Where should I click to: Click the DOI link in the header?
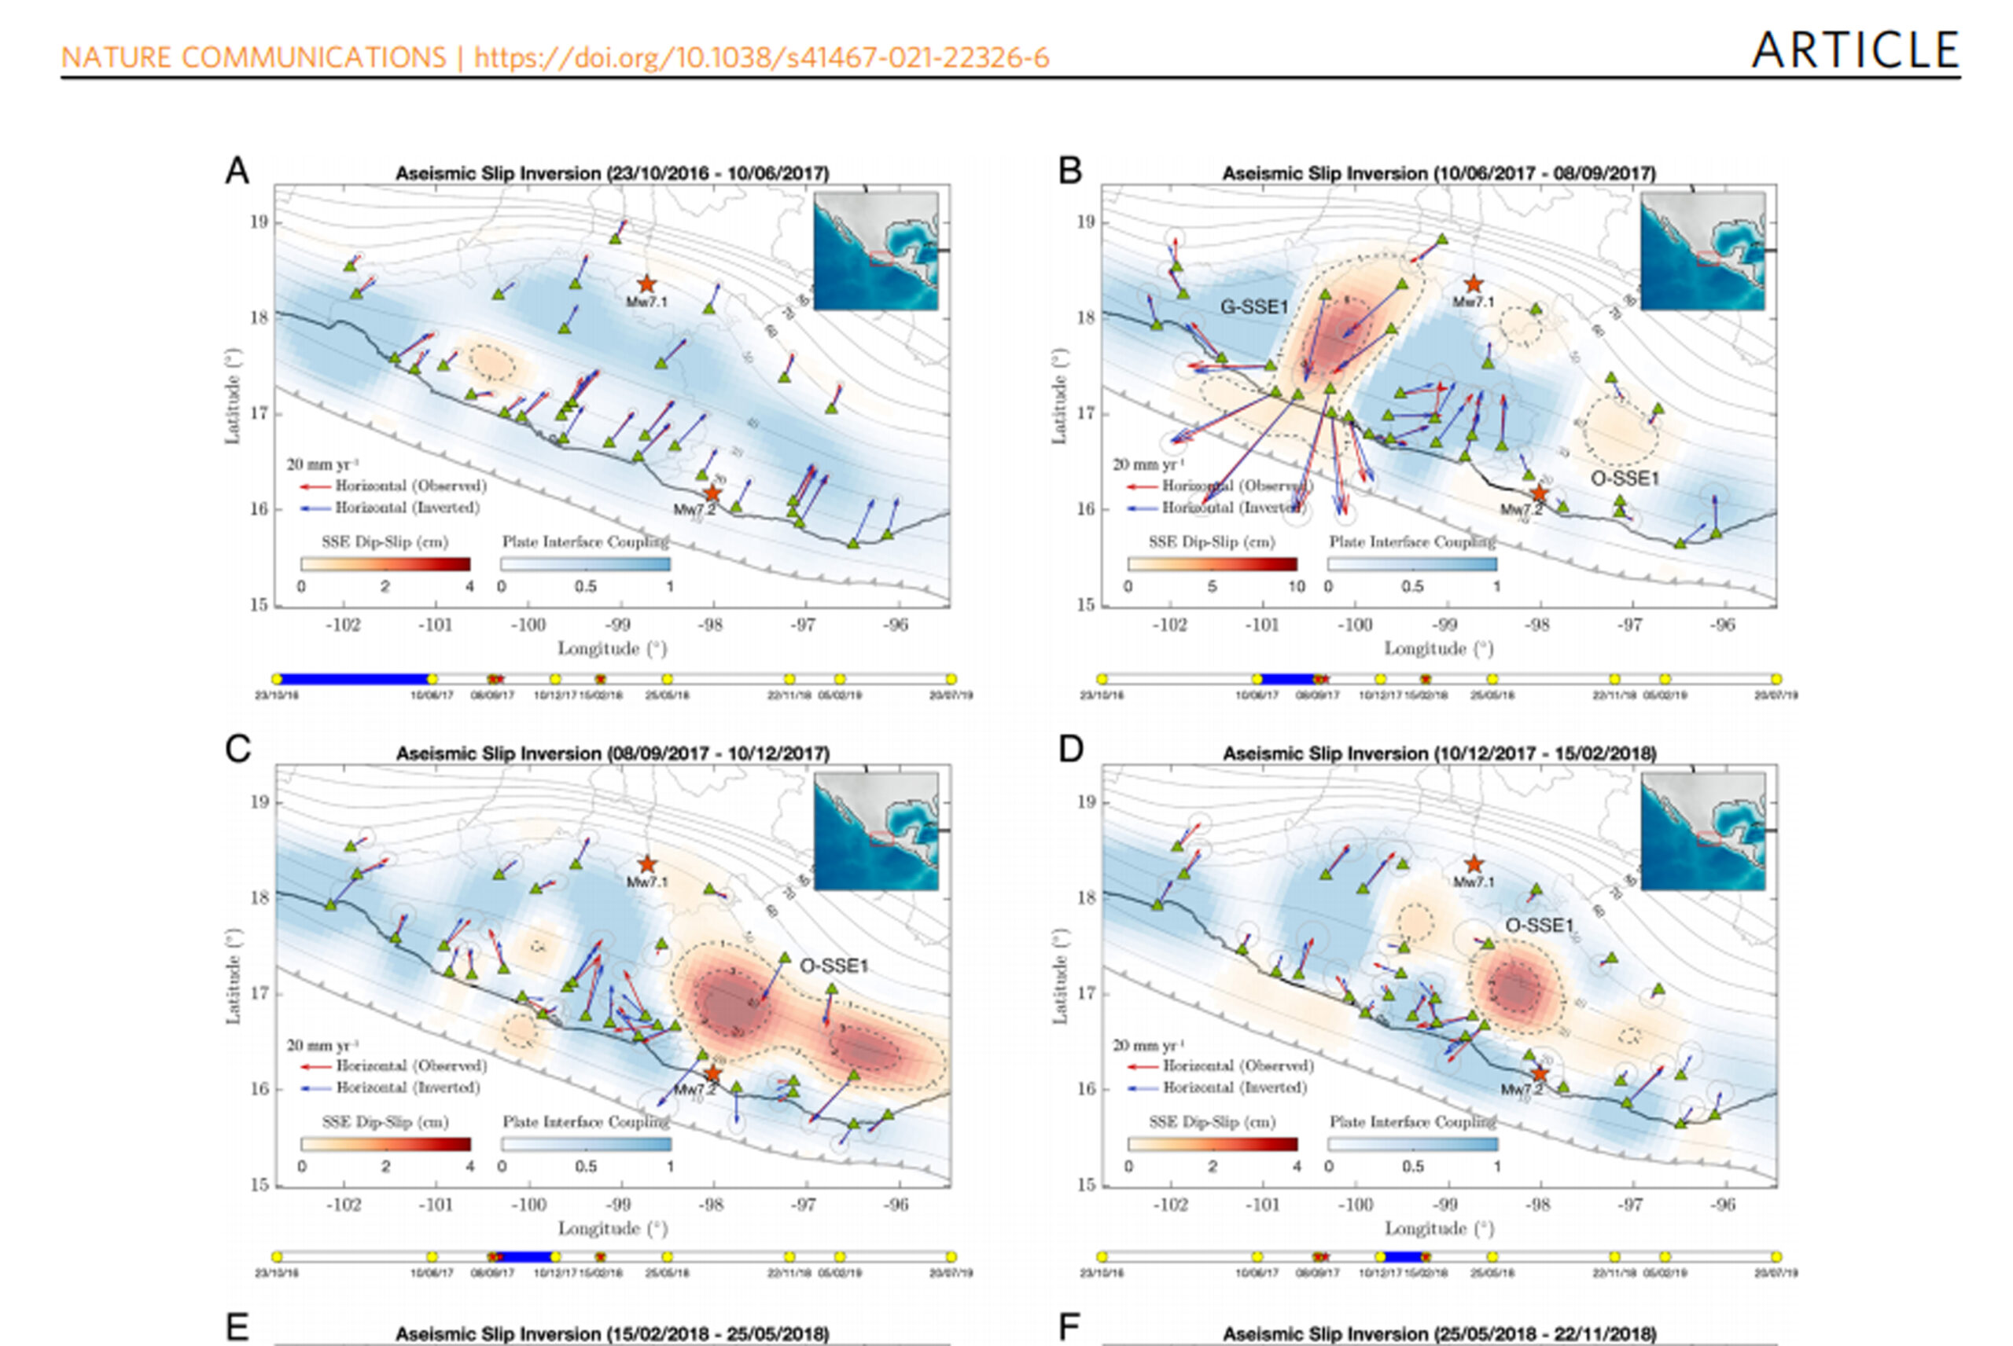point(761,57)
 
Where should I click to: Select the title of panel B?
point(1438,174)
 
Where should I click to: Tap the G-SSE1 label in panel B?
point(1254,306)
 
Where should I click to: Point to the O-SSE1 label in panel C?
point(834,966)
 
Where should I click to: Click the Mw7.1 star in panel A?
point(646,284)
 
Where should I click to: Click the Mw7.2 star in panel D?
point(1540,1074)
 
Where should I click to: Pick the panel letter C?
point(238,750)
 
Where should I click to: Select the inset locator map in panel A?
point(875,251)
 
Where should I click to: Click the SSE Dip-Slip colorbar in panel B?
point(1212,564)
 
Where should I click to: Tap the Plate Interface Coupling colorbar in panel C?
point(586,1144)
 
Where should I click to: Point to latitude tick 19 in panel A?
point(259,222)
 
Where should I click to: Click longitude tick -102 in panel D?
point(1170,1205)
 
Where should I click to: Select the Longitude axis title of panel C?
point(613,1228)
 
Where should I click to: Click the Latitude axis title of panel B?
point(1060,395)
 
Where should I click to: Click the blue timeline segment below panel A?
point(354,679)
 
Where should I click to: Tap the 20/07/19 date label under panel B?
point(1775,695)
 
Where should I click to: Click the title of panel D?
point(1438,754)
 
